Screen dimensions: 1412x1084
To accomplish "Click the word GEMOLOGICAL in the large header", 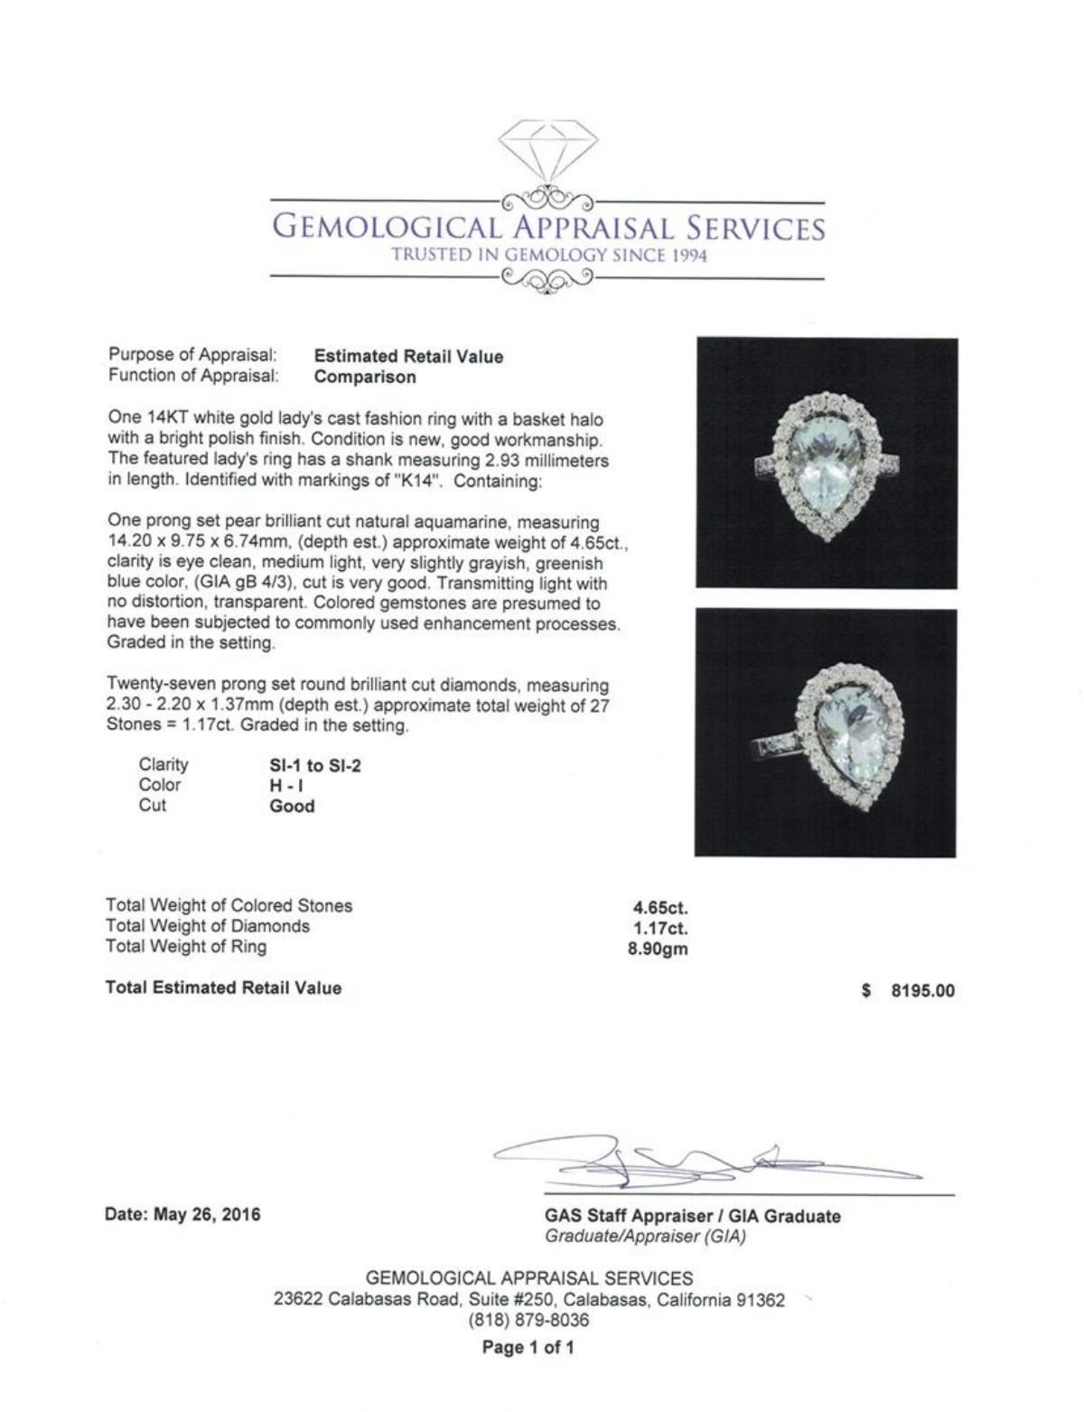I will coord(384,228).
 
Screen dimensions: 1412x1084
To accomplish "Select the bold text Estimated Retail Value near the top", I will coord(408,357).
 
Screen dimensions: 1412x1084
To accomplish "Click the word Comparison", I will coord(365,378).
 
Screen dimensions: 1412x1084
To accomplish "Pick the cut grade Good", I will coord(292,807).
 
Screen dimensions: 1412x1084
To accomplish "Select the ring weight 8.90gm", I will coord(658,949).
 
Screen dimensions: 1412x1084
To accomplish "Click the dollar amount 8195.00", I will coord(922,991).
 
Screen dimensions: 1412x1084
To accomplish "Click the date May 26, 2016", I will coord(207,1215).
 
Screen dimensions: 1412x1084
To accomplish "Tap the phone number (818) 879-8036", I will coord(528,1320).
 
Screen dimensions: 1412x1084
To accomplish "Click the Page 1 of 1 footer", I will coord(528,1348).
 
